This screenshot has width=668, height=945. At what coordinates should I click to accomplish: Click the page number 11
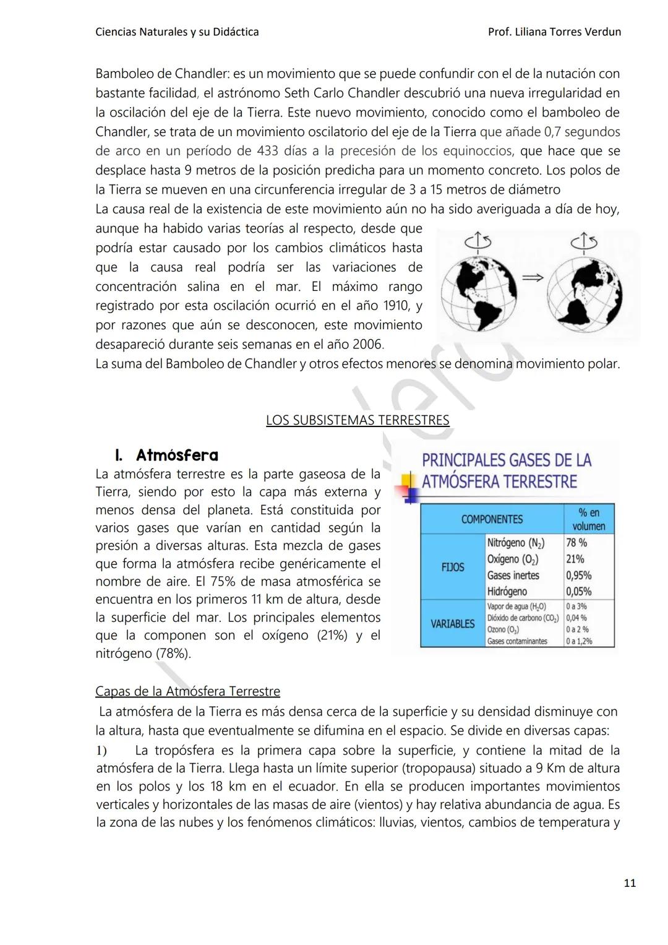(x=629, y=883)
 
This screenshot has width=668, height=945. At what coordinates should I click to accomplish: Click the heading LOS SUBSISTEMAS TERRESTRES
(x=358, y=420)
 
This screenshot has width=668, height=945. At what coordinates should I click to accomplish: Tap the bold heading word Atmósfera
(x=177, y=455)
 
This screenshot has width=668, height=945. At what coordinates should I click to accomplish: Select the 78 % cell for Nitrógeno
(x=576, y=543)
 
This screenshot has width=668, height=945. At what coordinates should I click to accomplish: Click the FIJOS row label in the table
(x=452, y=567)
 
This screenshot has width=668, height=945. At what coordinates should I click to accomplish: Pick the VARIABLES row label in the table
(x=452, y=624)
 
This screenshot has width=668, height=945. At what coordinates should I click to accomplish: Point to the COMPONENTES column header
(x=492, y=519)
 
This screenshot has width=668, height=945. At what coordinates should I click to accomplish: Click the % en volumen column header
(x=588, y=519)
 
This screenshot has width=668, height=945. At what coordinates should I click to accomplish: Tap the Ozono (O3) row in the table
(x=505, y=629)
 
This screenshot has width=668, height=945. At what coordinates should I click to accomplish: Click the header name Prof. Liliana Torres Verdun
(x=554, y=32)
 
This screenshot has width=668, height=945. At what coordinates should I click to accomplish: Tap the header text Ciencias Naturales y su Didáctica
(x=177, y=32)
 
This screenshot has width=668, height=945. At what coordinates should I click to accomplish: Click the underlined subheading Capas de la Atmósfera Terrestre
(x=187, y=691)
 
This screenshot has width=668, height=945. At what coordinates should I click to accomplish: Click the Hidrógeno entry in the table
(x=507, y=592)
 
